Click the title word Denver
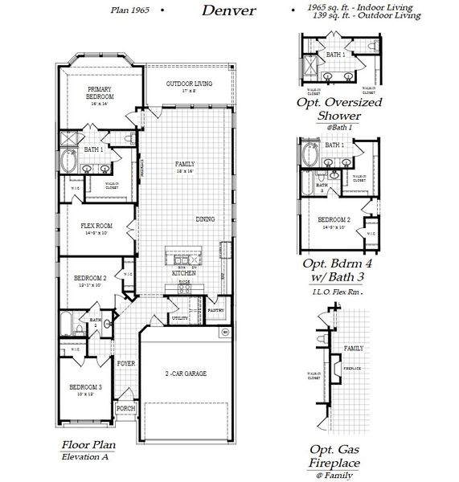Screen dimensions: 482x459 228,10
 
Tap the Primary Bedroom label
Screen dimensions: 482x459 99,93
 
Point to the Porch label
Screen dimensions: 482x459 126,408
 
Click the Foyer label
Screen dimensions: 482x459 126,363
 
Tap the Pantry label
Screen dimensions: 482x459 215,309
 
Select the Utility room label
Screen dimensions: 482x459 179,319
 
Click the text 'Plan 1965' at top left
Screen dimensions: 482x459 130,10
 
